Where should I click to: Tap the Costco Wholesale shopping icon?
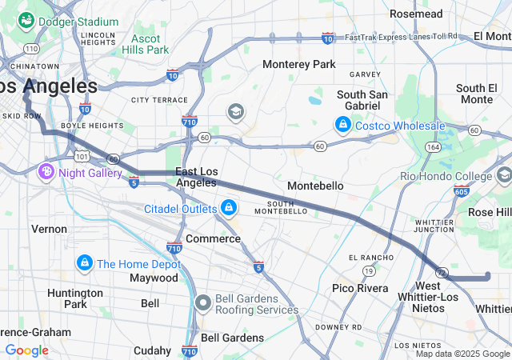click(342, 126)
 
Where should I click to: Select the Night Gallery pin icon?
click(46, 171)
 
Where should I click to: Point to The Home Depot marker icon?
click(84, 263)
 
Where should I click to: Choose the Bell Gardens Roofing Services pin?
click(203, 302)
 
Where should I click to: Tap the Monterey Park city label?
click(300, 63)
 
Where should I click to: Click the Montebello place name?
click(315, 186)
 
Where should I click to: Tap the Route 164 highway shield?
click(433, 147)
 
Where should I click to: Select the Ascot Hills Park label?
click(146, 44)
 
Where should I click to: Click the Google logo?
click(26, 350)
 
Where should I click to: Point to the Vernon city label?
click(49, 229)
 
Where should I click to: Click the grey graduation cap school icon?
click(235, 111)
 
